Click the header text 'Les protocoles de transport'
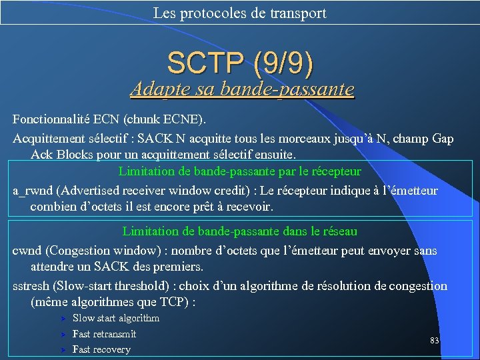(x=239, y=13)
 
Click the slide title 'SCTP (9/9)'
(x=240, y=63)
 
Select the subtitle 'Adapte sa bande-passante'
(x=242, y=89)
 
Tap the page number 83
(x=435, y=341)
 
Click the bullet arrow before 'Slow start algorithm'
(x=61, y=319)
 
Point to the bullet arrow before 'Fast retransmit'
(x=61, y=334)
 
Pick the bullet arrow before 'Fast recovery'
(x=61, y=349)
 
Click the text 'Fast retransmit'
(x=104, y=334)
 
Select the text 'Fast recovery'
(x=101, y=349)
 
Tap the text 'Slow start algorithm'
(x=116, y=319)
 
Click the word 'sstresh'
(x=31, y=286)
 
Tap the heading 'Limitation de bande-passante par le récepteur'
(x=240, y=171)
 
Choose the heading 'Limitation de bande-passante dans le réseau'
(x=240, y=231)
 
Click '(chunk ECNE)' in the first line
(x=168, y=120)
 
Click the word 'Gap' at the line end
(x=443, y=139)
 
